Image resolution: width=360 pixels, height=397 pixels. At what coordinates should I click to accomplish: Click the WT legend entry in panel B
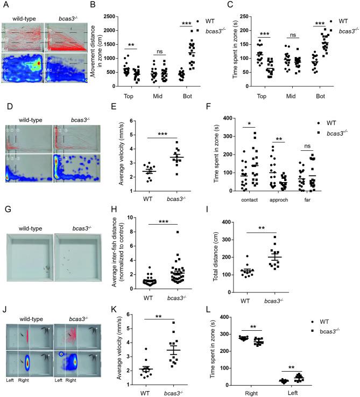(x=209, y=20)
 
